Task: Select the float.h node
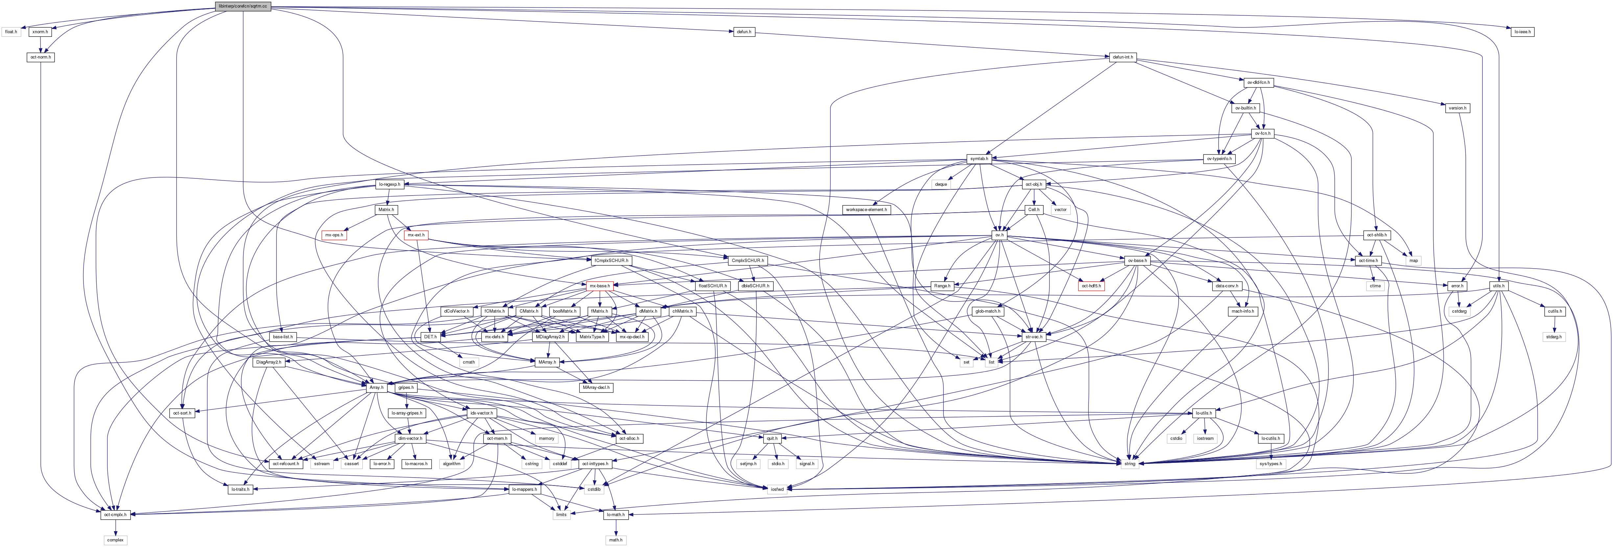pyautogui.click(x=11, y=31)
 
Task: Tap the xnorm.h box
pyautogui.click(x=40, y=31)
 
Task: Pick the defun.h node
pyautogui.click(x=743, y=31)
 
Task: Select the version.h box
pyautogui.click(x=1457, y=108)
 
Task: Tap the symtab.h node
pyautogui.click(x=979, y=158)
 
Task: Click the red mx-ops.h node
pyautogui.click(x=334, y=235)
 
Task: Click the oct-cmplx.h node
pyautogui.click(x=115, y=514)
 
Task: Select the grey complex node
pyautogui.click(x=115, y=539)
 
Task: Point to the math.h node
pyautogui.click(x=616, y=539)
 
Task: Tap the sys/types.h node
pyautogui.click(x=1271, y=464)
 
